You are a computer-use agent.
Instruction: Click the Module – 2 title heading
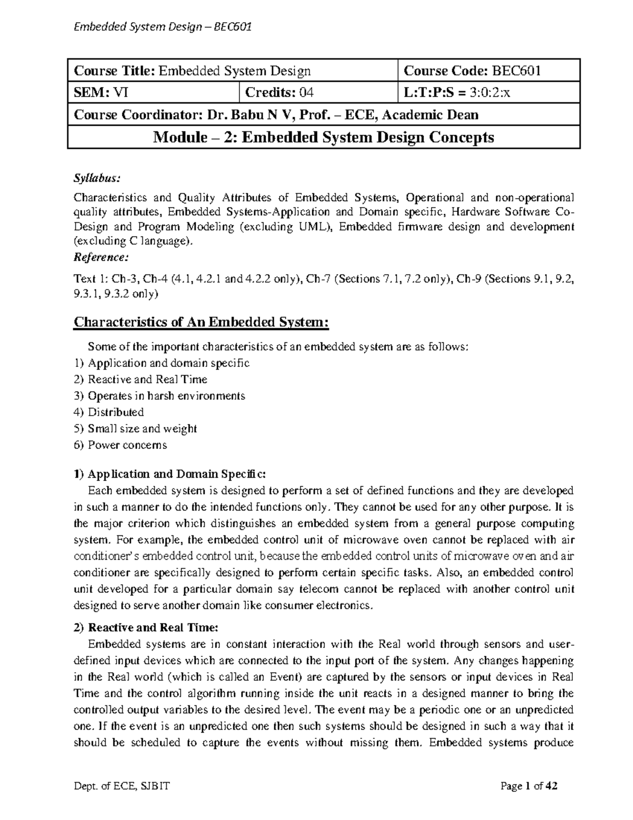[x=324, y=138]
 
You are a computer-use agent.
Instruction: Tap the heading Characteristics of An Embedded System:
[x=201, y=322]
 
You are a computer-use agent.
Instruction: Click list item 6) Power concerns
[x=120, y=445]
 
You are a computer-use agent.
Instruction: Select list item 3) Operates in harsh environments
[x=159, y=396]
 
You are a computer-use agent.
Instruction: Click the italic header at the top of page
[x=162, y=25]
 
